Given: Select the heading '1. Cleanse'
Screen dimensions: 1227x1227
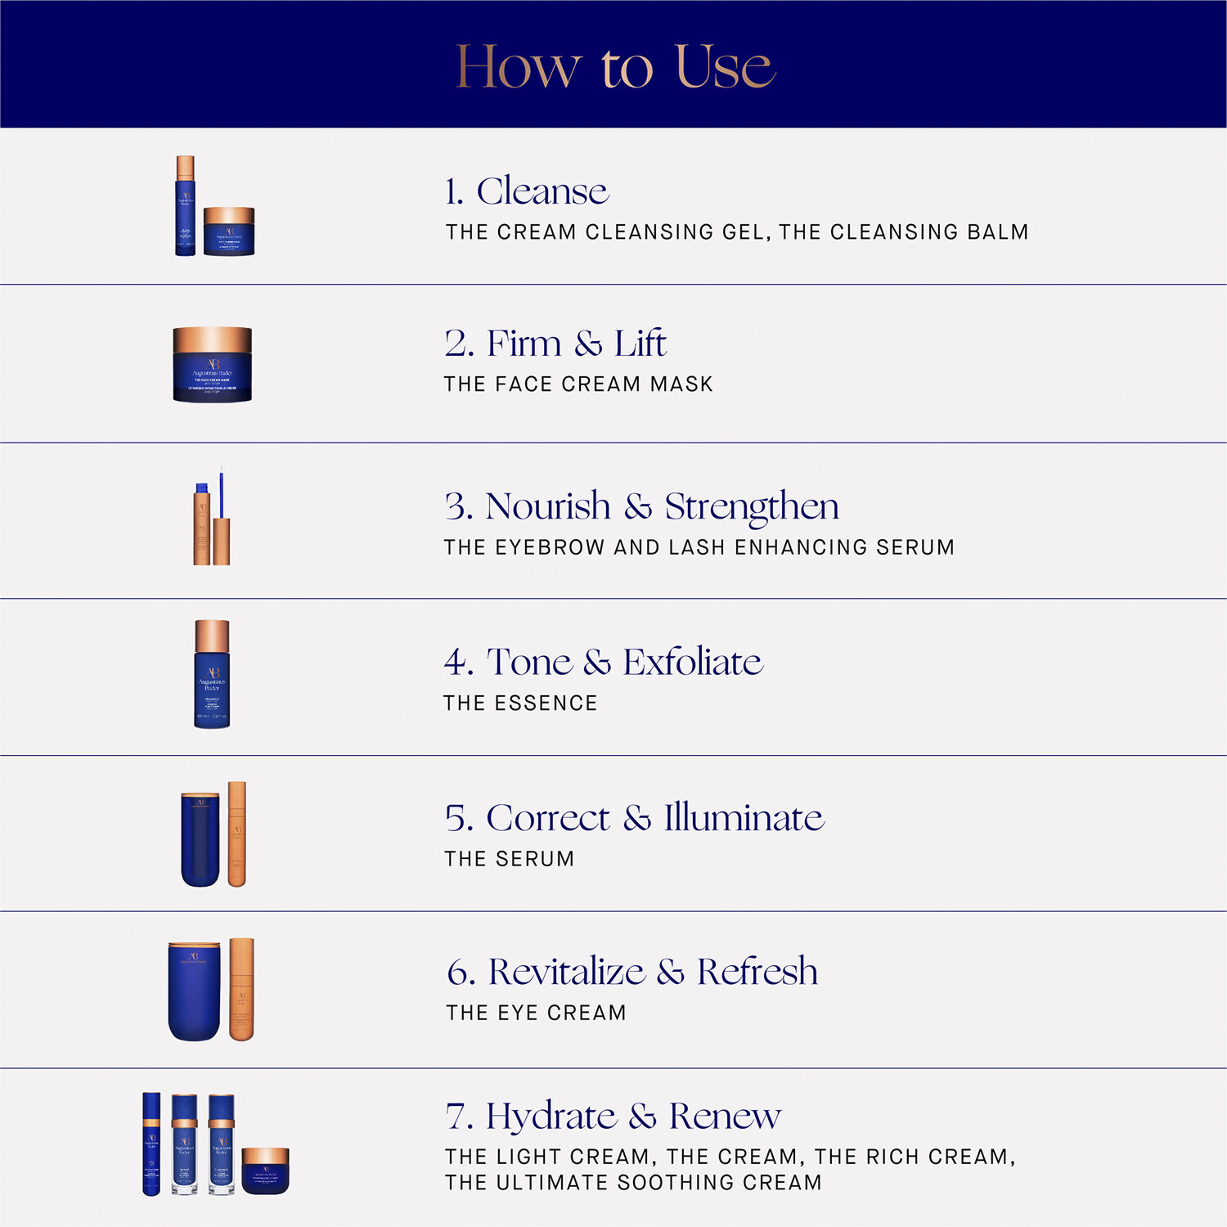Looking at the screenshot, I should pos(526,191).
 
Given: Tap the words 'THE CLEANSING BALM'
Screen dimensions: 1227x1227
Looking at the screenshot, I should pos(903,232).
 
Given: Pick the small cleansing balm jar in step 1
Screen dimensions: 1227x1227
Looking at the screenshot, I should pos(229,232).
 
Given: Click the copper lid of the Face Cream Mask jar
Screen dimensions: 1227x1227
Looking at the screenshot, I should pos(212,339).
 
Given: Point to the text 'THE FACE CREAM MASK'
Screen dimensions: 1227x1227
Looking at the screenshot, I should pos(578,384).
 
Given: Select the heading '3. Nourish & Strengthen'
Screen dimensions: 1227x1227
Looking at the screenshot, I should pos(642,506).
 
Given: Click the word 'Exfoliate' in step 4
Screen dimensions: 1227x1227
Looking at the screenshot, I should pos(693,662).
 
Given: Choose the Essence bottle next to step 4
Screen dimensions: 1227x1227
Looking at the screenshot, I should pos(212,675).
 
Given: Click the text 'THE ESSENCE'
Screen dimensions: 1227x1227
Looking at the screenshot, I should pos(520,703).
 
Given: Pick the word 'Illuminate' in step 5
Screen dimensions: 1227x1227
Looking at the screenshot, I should pos(744,818).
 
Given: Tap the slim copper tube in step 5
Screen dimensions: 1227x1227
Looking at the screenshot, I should pos(236,834).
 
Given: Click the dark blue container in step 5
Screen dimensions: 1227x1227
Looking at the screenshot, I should pos(200,840).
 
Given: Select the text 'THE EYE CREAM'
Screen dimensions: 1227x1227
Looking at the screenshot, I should pos(536,1013).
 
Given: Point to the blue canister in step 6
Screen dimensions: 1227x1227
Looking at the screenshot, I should pos(194,991).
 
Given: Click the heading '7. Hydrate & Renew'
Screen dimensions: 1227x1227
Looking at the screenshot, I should pos(613,1117).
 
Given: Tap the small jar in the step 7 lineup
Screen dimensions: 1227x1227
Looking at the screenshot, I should pos(265,1171).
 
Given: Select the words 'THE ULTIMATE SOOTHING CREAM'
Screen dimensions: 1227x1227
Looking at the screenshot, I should pos(633,1183).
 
